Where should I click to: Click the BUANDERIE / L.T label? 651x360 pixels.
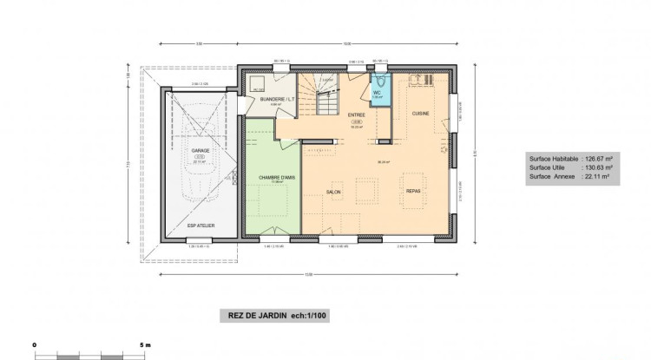277,100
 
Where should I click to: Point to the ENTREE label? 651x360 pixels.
357,115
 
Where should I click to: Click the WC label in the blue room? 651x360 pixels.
378,92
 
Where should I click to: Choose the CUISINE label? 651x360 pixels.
421,114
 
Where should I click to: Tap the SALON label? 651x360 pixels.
333,192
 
